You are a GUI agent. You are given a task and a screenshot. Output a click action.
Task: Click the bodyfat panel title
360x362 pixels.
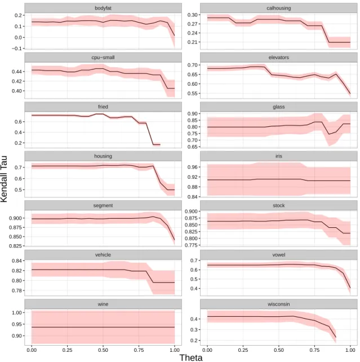103,8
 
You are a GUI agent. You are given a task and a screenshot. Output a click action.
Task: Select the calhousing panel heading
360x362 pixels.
278,8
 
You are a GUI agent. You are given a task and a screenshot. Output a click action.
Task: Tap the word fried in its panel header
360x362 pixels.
103,107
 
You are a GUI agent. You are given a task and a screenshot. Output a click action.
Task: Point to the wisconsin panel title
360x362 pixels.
278,304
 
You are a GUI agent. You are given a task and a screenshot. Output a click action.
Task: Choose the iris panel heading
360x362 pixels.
278,156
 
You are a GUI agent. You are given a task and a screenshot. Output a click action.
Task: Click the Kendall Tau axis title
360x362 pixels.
4,179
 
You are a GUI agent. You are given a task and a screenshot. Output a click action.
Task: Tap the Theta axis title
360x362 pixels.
191,357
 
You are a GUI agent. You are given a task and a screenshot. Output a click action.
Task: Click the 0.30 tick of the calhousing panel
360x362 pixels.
192,15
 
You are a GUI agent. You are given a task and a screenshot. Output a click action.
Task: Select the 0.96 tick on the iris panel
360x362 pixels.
192,167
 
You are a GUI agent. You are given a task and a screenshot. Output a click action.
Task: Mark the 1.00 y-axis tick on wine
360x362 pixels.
16,312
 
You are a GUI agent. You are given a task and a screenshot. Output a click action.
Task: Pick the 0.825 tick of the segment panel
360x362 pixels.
15,246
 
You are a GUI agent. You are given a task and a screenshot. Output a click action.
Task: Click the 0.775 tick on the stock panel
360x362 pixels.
191,245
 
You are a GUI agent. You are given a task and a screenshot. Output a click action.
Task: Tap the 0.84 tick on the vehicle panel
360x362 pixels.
16,261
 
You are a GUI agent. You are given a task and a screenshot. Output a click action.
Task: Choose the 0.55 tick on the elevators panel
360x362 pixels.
192,94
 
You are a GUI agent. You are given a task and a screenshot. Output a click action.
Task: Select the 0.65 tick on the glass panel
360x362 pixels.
192,147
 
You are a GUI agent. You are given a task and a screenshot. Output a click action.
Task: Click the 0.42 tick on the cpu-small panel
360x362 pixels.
16,81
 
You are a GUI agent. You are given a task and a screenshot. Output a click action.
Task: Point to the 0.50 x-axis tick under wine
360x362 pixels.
103,350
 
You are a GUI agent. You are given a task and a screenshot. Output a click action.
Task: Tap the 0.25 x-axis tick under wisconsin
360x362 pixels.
243,350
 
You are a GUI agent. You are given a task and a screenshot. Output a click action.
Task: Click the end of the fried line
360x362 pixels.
160,145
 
